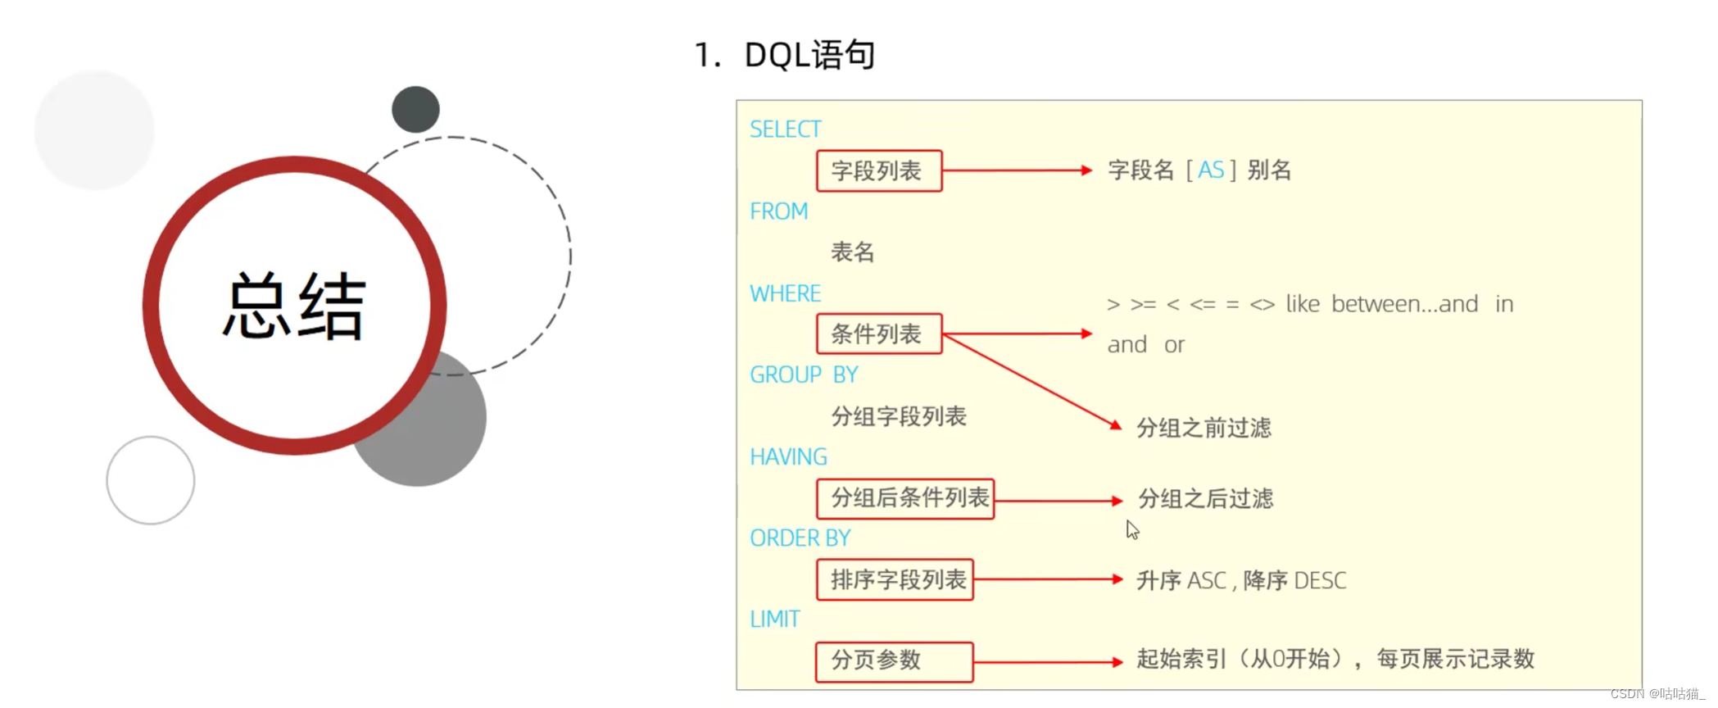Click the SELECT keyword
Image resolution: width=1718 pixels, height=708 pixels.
[785, 129]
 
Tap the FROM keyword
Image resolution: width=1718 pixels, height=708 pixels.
[778, 211]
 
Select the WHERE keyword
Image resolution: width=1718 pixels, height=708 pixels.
[785, 293]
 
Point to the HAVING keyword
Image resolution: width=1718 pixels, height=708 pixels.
[788, 456]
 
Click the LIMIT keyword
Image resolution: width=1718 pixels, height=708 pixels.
[774, 619]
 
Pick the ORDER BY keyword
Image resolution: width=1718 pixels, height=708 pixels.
[800, 538]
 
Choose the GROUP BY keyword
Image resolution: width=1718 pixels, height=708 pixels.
[804, 374]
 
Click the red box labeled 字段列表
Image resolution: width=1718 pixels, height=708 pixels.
[879, 170]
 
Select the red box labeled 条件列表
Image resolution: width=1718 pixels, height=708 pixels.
[879, 334]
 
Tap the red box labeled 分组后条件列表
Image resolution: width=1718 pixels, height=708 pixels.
[905, 498]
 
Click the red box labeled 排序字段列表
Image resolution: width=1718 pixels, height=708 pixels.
[895, 579]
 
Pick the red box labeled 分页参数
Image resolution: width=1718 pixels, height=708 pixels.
[894, 661]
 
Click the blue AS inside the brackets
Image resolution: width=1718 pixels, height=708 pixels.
[1210, 170]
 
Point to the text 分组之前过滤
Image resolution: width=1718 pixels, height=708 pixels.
[1204, 427]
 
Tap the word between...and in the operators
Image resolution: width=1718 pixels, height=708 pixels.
[1404, 304]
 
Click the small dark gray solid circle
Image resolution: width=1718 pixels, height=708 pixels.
[415, 109]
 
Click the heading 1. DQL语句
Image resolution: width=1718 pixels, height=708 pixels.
[785, 55]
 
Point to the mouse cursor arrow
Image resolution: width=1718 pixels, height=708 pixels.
[1132, 529]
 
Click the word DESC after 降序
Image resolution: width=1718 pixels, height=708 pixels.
[1320, 580]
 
